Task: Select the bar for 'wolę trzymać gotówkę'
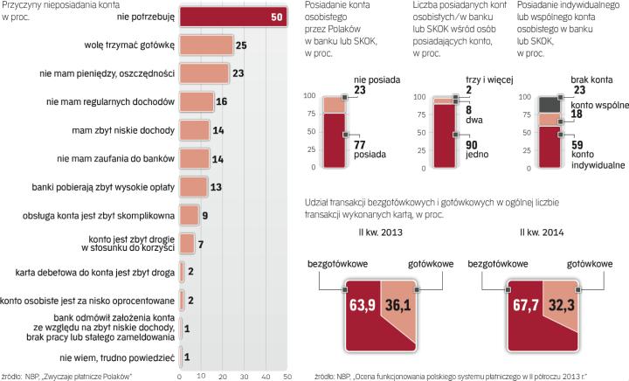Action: coord(205,45)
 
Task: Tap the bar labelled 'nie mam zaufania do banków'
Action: coord(194,158)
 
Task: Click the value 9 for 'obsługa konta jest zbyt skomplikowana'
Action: coord(205,215)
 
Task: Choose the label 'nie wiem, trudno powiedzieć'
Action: coord(117,357)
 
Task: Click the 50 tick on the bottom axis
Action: coord(286,376)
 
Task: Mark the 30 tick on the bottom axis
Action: coord(243,376)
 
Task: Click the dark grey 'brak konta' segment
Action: coord(548,104)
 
